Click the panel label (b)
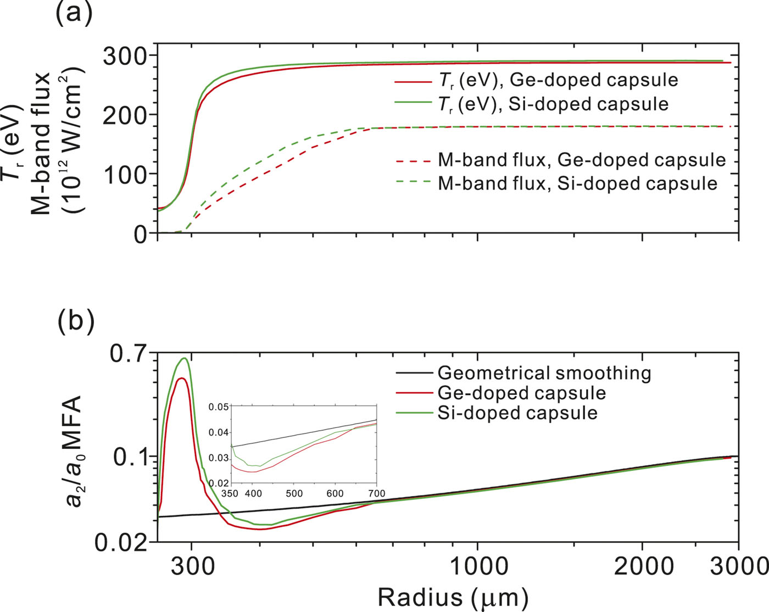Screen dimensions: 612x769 coord(76,320)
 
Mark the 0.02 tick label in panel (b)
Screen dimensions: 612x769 coord(121,543)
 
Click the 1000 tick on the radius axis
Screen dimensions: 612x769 coord(477,566)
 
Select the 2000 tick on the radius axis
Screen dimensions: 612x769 coord(643,566)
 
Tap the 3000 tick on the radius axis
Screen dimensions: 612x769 coord(738,566)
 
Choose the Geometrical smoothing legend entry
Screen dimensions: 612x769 coord(544,374)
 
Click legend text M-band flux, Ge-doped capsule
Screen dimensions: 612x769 coord(581,160)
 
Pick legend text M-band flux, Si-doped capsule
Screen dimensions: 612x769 coord(577,183)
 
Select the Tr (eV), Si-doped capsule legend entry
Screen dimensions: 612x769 coord(553,104)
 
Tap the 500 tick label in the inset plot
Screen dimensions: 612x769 coord(294,493)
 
